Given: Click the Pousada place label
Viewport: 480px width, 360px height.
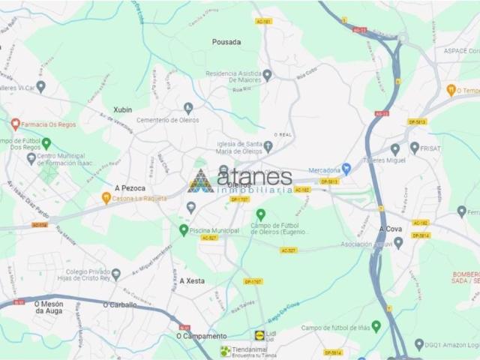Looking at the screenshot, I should (226, 42).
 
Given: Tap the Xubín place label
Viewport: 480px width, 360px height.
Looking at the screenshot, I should (123, 109).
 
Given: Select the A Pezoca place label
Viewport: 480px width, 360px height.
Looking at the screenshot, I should (130, 187).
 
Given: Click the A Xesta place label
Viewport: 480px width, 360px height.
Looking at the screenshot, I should (192, 280).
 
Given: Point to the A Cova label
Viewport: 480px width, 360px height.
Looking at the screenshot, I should (391, 228).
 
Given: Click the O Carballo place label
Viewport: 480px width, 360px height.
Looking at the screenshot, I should (120, 305).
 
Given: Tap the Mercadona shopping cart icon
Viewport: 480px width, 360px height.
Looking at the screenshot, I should (346, 169).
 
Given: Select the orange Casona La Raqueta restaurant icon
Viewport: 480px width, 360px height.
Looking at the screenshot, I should (106, 198).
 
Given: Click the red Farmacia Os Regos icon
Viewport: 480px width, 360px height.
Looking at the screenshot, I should (15, 124).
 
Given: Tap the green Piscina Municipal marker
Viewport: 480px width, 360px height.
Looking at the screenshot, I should (184, 230).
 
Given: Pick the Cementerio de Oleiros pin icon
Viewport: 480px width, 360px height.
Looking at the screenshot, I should (188, 108).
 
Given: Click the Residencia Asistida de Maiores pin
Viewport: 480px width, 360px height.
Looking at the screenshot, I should (267, 75).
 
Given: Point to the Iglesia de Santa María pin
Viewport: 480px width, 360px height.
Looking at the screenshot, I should (268, 145).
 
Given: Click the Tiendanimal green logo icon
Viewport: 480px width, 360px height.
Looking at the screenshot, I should (225, 351).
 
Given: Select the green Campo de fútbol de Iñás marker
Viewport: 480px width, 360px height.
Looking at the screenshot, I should (376, 326).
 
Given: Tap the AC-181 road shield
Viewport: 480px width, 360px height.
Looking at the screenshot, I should (263, 21).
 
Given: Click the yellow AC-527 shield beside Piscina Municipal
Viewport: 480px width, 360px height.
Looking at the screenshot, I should (209, 238).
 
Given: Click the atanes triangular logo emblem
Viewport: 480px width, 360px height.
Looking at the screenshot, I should (200, 181).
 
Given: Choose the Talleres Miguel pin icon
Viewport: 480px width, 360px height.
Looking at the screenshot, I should (395, 149).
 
